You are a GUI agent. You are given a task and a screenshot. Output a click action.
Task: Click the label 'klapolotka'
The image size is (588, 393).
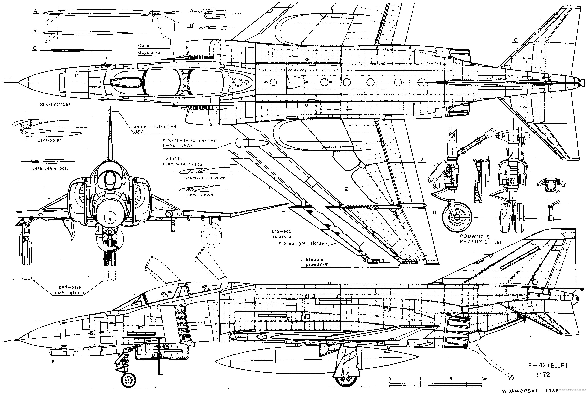[149, 53]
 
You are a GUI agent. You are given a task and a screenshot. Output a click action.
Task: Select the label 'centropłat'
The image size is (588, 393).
[49, 140]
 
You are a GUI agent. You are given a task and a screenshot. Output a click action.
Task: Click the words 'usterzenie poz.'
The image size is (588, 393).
[50, 168]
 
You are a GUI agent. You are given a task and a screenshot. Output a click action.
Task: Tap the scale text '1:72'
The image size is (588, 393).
[543, 374]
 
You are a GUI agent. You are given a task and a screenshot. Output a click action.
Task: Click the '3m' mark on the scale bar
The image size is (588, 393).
[484, 379]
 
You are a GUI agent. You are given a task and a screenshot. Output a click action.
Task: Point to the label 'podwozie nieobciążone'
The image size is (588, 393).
[68, 290]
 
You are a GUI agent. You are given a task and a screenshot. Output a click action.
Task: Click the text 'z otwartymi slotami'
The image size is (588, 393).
[304, 243]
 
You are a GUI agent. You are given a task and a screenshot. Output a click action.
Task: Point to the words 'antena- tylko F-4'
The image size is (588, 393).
[155, 127]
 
